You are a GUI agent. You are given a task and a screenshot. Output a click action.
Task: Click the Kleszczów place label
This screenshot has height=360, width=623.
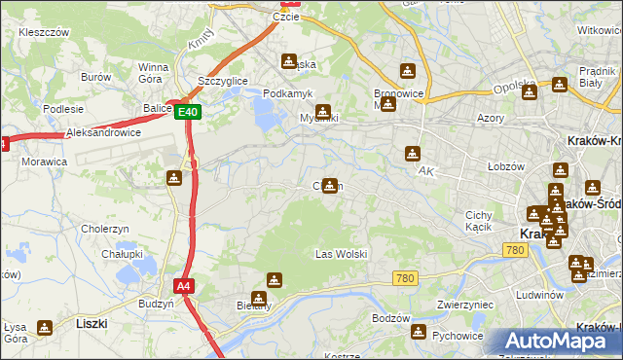pos(44,32)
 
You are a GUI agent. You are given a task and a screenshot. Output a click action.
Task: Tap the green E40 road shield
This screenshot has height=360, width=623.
pos(189,113)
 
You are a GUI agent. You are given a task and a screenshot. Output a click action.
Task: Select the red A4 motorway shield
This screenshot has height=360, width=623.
pos(184,286)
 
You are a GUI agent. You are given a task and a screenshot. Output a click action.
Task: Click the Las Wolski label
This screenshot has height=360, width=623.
pos(341,254)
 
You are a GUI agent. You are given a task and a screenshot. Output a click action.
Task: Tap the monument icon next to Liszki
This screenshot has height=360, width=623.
pos(45,329)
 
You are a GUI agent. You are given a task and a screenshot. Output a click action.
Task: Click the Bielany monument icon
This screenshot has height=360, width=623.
pos(259,299)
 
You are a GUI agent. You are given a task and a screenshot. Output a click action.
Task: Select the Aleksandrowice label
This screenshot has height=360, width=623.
pos(104,131)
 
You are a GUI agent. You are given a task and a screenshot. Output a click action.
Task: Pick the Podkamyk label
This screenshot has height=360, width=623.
pos(287,92)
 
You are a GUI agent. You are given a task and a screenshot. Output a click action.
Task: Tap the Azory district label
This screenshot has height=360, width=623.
pos(491,117)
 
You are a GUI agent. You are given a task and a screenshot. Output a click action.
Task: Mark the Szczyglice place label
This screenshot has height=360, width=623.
pos(221,80)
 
